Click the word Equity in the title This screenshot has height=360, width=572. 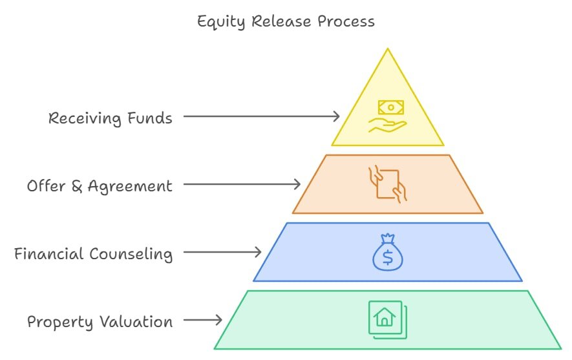[x=220, y=22]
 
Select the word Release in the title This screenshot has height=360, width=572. [x=281, y=21]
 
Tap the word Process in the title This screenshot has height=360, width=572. [x=346, y=21]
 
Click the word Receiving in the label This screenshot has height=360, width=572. [x=85, y=118]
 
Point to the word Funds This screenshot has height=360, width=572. [x=149, y=118]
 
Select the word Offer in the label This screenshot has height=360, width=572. [x=46, y=185]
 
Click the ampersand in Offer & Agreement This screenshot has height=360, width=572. [x=77, y=186]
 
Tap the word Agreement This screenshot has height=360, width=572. [x=130, y=186]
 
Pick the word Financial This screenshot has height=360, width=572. [x=48, y=253]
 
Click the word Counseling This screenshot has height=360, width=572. [x=131, y=254]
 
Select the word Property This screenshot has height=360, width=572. [x=60, y=322]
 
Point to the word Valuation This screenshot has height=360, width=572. [x=136, y=321]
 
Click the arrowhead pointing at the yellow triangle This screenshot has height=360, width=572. [x=336, y=116]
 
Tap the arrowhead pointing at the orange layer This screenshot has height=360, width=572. [x=297, y=184]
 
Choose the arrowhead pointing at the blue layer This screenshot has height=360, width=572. [x=258, y=252]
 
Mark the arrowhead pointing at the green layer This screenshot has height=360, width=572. [x=218, y=320]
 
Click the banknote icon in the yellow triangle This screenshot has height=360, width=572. [x=390, y=107]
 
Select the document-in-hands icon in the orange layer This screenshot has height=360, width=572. [x=387, y=184]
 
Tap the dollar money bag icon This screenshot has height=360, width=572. [x=387, y=253]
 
